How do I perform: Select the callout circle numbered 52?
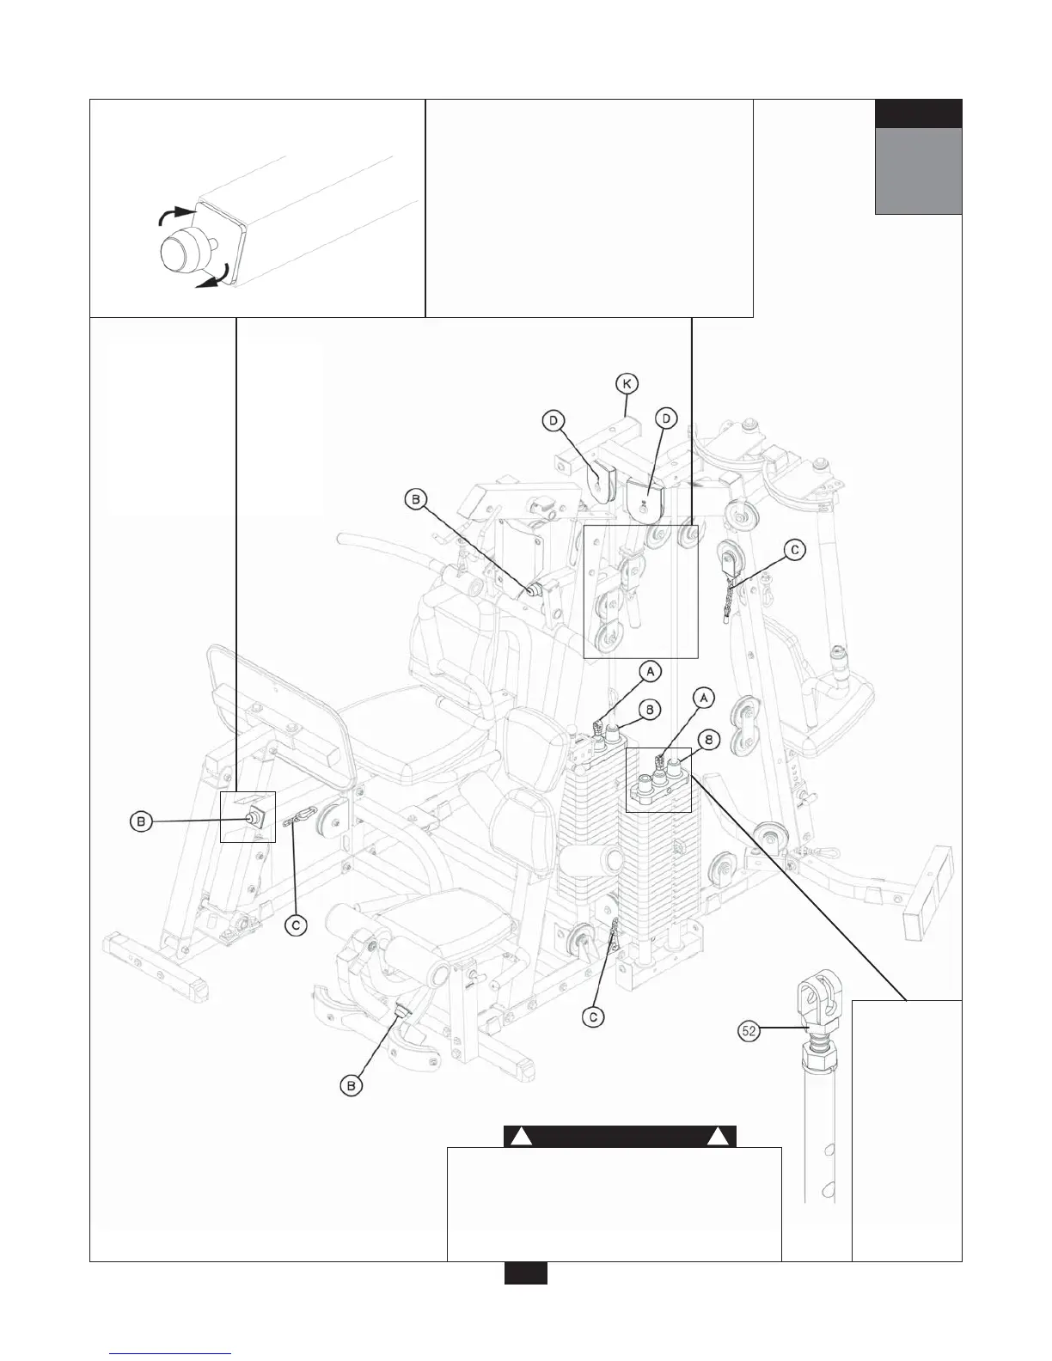click(749, 1031)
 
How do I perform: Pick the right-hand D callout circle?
click(666, 419)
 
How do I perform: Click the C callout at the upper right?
click(796, 551)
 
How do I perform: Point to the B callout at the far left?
click(142, 822)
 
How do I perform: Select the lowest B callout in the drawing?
click(352, 1086)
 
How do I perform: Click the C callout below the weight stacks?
click(594, 1017)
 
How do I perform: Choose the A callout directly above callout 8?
click(703, 699)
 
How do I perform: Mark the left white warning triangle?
click(519, 1137)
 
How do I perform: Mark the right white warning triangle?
click(719, 1137)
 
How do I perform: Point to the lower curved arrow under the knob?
click(213, 278)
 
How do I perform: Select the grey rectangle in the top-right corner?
click(918, 170)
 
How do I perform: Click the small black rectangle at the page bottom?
click(525, 1273)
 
